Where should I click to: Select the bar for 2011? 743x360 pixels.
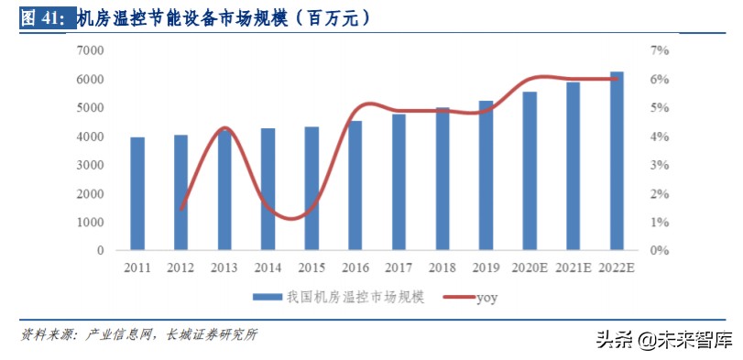(137, 193)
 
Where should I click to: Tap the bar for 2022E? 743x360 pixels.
(617, 161)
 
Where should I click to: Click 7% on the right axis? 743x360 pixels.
(661, 50)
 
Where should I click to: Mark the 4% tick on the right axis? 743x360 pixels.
(661, 136)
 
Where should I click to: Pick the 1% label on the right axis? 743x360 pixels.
(661, 222)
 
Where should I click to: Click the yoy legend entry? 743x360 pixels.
(486, 296)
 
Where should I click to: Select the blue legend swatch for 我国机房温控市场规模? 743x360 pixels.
(268, 296)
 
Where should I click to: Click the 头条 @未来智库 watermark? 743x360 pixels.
(664, 341)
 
